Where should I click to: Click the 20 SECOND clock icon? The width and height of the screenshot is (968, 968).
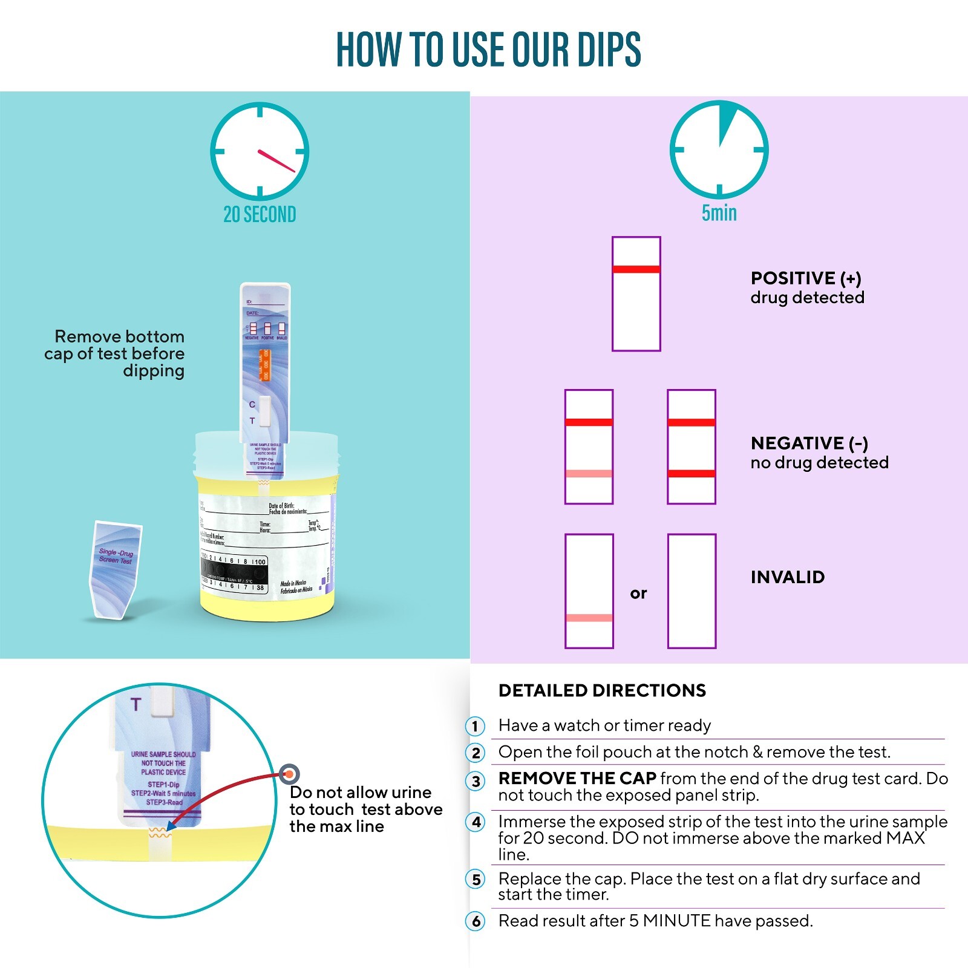(260, 151)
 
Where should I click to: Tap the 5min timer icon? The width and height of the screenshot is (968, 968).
(719, 149)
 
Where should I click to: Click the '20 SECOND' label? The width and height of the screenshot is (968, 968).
(260, 214)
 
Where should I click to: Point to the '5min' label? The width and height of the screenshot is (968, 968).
(719, 213)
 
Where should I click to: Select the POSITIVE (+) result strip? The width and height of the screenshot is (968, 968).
(636, 293)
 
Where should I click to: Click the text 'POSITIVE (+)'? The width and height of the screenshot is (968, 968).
(805, 278)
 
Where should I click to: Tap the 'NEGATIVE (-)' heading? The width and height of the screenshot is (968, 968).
(809, 443)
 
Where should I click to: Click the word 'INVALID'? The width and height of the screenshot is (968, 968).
(787, 577)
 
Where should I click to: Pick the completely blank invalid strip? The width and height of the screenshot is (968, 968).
(692, 591)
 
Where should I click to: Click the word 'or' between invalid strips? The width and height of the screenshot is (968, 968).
(638, 594)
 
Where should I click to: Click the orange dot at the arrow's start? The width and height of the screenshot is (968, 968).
(290, 774)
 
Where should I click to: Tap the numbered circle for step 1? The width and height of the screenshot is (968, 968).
(476, 726)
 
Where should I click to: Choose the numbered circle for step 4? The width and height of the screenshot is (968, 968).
(476, 822)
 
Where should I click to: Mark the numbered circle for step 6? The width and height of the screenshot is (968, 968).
(476, 921)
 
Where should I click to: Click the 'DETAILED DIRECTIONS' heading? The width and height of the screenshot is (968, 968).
(602, 690)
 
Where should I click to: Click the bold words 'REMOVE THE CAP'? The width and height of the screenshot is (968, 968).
(577, 778)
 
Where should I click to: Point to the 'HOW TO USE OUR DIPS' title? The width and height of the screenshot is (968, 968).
(488, 50)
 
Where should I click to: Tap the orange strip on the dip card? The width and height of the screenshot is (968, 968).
(265, 365)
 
